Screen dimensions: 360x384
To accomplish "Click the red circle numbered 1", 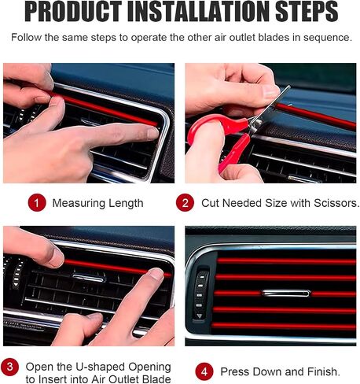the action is (x=37, y=203).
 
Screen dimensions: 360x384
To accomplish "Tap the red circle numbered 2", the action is (x=185, y=203).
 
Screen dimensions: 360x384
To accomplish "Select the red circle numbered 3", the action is (x=10, y=367).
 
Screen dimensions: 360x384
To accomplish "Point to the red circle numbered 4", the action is (x=204, y=371).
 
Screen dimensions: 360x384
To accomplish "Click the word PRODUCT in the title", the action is (x=73, y=12).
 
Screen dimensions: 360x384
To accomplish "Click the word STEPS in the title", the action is (x=307, y=12).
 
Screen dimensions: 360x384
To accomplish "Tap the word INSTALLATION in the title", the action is (x=199, y=12).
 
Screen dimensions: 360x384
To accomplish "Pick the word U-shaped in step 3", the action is (x=100, y=367).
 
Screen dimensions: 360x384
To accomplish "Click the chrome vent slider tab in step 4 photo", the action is (x=286, y=293).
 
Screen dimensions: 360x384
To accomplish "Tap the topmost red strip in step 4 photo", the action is (x=286, y=261).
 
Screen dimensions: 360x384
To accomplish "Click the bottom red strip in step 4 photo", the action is (x=284, y=326).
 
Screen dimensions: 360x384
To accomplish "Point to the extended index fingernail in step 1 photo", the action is (x=152, y=133).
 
